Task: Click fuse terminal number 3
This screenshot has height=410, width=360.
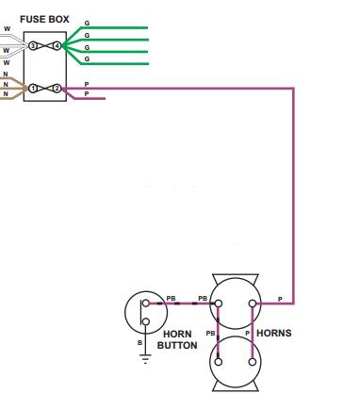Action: (x=33, y=46)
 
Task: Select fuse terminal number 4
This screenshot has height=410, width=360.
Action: (x=57, y=46)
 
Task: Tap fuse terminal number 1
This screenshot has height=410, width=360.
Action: (x=33, y=89)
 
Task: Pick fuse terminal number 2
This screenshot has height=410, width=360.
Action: (x=57, y=89)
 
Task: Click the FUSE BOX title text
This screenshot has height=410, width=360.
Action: (x=44, y=19)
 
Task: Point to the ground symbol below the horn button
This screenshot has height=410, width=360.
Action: (x=145, y=359)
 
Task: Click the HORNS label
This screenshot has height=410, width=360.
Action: (x=274, y=333)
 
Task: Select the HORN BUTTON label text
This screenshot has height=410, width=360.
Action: (x=177, y=339)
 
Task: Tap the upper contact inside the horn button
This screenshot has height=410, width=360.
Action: (x=146, y=303)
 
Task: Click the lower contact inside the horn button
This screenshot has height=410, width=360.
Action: (x=146, y=321)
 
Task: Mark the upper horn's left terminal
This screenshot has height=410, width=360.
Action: (x=219, y=303)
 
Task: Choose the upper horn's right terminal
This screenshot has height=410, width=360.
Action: (x=253, y=303)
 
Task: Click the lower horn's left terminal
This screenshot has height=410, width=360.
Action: (x=219, y=362)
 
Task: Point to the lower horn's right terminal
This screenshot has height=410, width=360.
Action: (x=253, y=362)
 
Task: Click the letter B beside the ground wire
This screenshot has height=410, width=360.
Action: (x=139, y=343)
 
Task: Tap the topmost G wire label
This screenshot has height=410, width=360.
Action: (x=87, y=24)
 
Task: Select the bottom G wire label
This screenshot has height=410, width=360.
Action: (x=87, y=58)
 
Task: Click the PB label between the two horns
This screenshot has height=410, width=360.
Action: (x=210, y=334)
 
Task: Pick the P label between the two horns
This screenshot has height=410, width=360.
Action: (x=247, y=334)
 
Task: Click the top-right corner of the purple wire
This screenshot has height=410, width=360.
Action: (x=293, y=89)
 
